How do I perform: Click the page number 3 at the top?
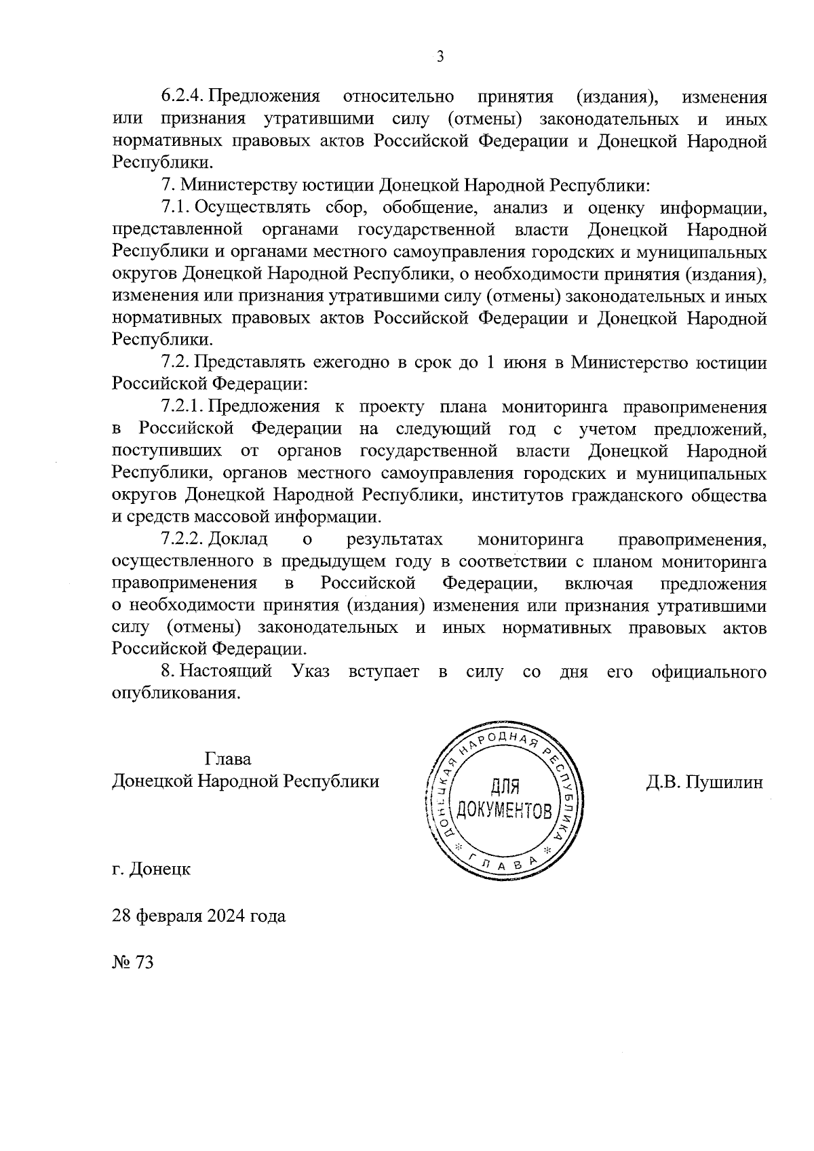(x=440, y=57)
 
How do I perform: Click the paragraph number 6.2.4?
(x=182, y=97)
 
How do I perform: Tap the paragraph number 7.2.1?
(x=182, y=407)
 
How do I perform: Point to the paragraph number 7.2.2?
(x=182, y=539)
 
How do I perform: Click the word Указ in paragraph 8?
(x=311, y=672)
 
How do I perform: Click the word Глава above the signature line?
(x=227, y=759)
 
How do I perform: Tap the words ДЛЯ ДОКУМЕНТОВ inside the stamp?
(x=505, y=798)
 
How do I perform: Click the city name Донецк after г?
(x=160, y=869)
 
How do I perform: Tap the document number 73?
(x=145, y=962)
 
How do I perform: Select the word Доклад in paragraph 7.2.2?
(x=238, y=539)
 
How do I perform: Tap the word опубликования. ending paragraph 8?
(x=176, y=695)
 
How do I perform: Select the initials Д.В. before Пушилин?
(x=662, y=783)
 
